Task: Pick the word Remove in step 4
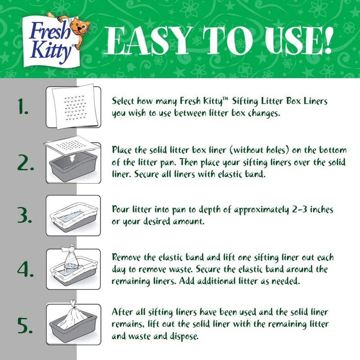click(x=126, y=258)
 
